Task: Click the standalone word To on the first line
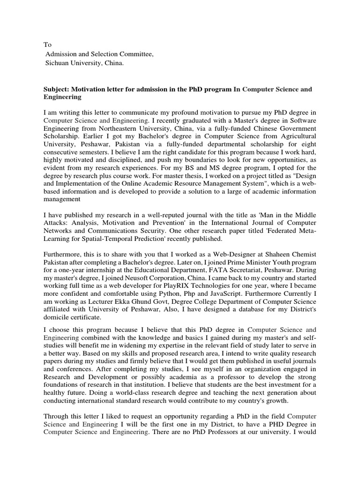pos(47,45)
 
